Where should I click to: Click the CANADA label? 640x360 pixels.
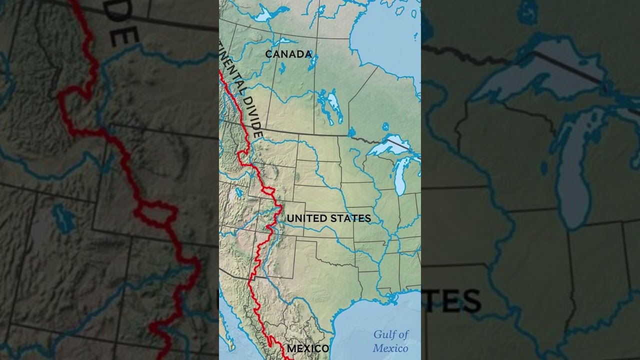pyautogui.click(x=288, y=54)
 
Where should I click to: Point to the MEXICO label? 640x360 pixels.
pyautogui.click(x=307, y=348)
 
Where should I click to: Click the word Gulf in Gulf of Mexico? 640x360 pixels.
pyautogui.click(x=384, y=334)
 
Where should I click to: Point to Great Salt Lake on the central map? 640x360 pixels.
pyautogui.click(x=239, y=192)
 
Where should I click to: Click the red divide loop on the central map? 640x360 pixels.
pyautogui.click(x=267, y=191)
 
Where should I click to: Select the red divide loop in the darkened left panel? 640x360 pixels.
pyautogui.click(x=155, y=213)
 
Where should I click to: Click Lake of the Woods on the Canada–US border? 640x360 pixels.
pyautogui.click(x=351, y=132)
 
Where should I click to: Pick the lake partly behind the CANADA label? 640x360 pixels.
pyautogui.click(x=313, y=62)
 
